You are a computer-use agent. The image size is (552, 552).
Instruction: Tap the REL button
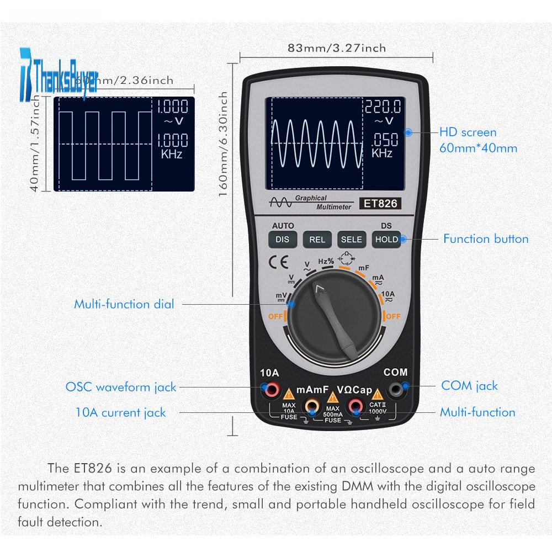317,240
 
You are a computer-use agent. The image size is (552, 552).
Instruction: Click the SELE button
352,240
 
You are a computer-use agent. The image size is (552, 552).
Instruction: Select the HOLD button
386,240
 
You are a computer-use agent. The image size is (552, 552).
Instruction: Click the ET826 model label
379,204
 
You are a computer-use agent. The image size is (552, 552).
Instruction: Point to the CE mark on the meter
275,261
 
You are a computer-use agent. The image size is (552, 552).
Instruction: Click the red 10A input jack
272,390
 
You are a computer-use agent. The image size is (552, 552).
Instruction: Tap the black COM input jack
395,390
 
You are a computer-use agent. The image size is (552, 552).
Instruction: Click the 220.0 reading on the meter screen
383,107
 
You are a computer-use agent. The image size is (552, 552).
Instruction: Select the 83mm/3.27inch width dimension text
337,48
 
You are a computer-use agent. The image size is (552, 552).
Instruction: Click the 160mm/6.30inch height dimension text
224,147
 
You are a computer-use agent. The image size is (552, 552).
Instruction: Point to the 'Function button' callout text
486,239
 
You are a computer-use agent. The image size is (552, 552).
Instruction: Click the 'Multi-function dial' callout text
124,304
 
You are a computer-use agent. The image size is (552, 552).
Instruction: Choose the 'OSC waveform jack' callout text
121,387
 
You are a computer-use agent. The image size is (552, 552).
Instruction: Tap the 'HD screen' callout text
468,132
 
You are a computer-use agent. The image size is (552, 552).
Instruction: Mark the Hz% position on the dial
326,261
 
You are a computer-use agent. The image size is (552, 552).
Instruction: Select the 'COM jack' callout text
469,386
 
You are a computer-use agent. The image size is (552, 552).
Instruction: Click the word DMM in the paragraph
362,486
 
